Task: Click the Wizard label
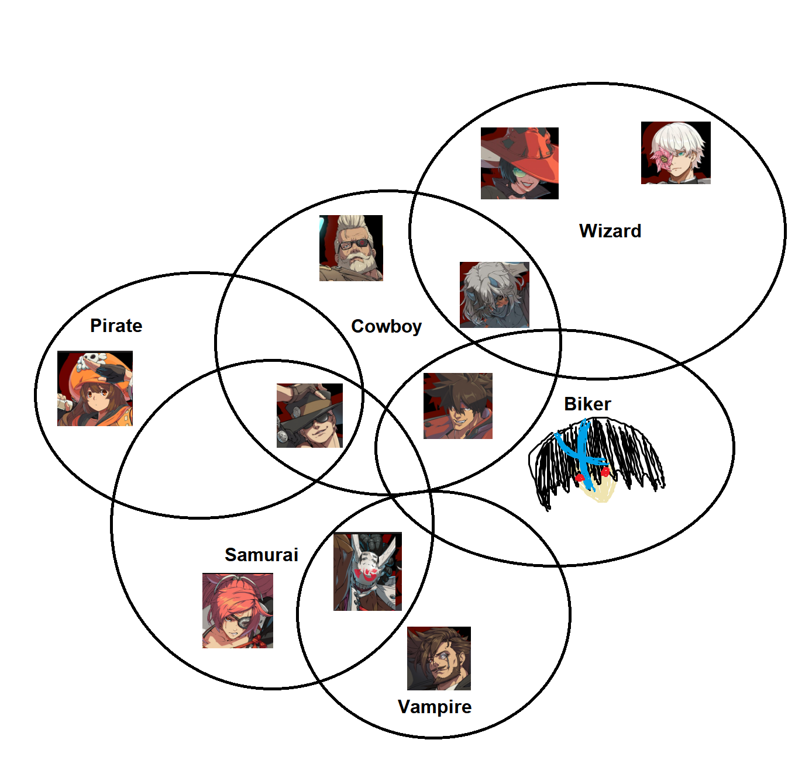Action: [610, 231]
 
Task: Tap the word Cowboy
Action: [386, 326]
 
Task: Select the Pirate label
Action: [116, 326]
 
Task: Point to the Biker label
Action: [587, 404]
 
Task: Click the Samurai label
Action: [261, 555]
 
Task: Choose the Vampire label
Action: [434, 707]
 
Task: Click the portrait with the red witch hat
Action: [519, 163]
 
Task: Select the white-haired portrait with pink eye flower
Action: [676, 153]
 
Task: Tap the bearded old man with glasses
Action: [351, 248]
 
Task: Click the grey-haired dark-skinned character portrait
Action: [494, 295]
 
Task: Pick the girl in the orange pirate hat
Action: [95, 388]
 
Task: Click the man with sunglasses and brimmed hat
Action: [309, 416]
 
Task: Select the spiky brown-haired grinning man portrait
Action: [458, 406]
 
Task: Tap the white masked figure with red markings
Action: [367, 571]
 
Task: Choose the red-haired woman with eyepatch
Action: [238, 610]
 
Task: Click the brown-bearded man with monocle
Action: [439, 658]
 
